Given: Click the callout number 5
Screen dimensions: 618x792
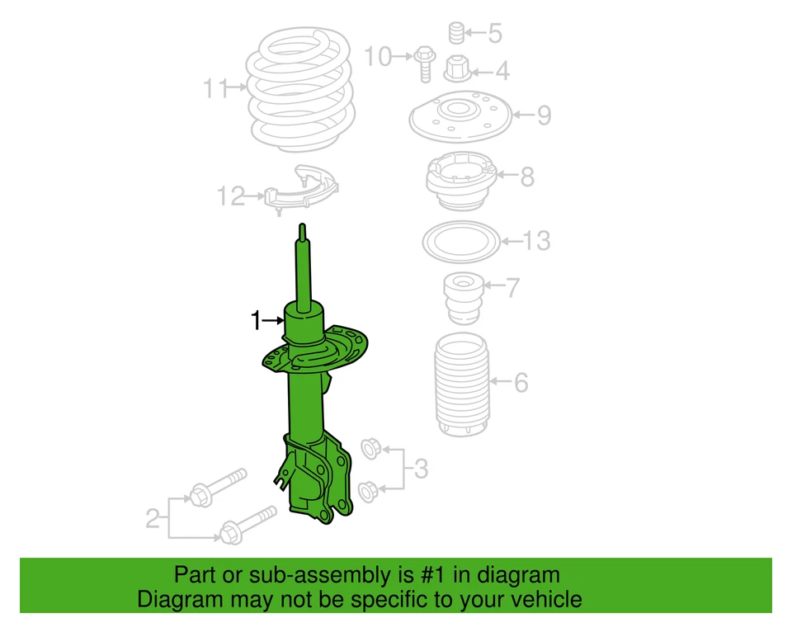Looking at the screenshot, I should [494, 34].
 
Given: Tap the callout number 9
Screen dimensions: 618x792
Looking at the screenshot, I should [544, 115].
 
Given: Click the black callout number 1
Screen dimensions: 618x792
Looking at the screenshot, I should [257, 319].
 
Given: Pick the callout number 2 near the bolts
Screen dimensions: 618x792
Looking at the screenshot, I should [153, 519].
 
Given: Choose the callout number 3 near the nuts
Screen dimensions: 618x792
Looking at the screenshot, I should [421, 469].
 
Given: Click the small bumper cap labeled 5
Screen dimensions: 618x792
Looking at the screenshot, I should [454, 33].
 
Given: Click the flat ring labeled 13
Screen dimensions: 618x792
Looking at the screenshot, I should [460, 242].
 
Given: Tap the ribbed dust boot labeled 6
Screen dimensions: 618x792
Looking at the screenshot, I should [462, 384].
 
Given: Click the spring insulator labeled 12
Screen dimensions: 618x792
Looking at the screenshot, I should [302, 192].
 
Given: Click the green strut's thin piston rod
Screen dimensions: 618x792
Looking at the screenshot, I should [303, 268].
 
